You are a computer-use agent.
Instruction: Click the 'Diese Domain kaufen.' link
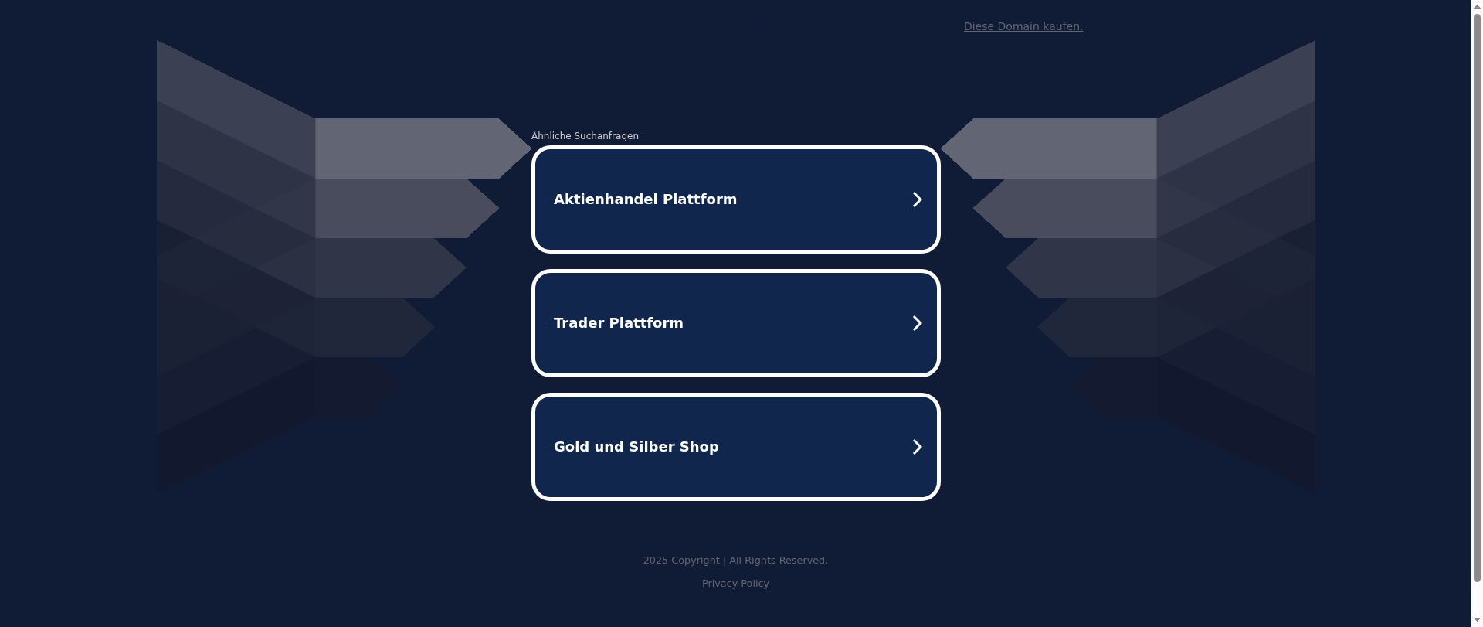(1023, 26)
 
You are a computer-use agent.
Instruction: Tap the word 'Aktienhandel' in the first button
(606, 199)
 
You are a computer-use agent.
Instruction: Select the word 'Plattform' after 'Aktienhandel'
(700, 199)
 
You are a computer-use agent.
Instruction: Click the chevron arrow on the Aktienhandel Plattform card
(917, 199)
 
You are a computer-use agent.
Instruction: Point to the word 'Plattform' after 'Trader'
(646, 323)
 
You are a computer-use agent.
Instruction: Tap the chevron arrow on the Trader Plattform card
(917, 323)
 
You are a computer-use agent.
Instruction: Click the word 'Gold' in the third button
(572, 447)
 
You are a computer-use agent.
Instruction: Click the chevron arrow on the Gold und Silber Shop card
(917, 447)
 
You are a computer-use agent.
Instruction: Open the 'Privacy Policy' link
(735, 584)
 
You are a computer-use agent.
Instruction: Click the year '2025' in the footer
(656, 561)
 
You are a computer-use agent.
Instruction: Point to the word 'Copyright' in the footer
(695, 561)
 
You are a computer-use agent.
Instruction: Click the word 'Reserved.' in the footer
(803, 561)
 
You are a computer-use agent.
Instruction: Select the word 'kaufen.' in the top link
(1063, 26)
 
